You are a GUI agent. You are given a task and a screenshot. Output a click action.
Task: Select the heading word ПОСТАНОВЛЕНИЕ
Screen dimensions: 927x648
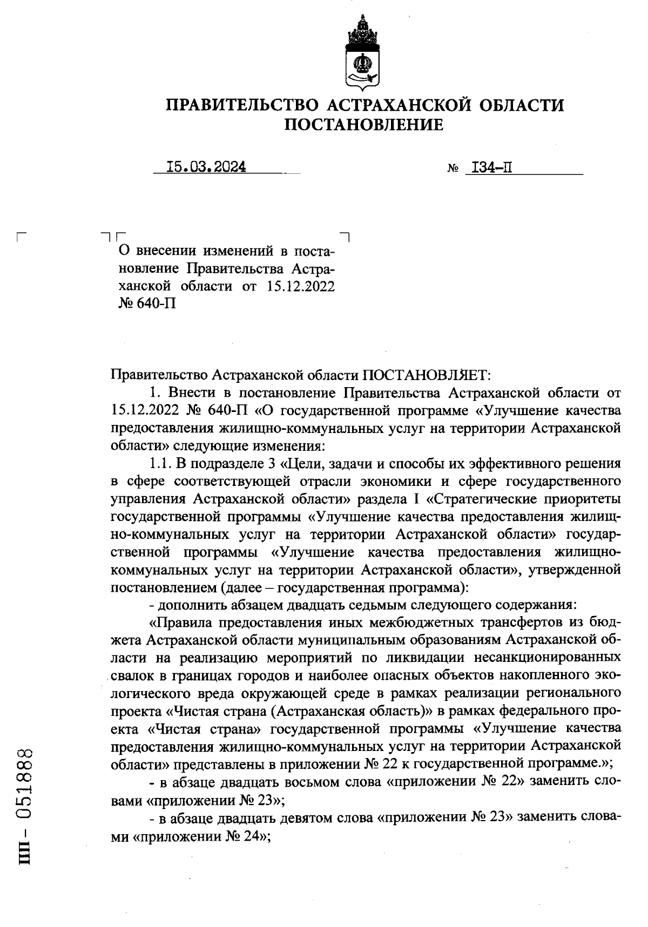point(363,125)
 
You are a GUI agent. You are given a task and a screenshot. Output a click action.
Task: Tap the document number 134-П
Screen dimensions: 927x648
point(491,168)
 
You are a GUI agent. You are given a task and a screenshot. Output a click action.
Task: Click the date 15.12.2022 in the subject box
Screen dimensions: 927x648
point(301,286)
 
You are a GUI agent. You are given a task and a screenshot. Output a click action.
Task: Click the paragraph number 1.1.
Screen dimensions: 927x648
point(160,463)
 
